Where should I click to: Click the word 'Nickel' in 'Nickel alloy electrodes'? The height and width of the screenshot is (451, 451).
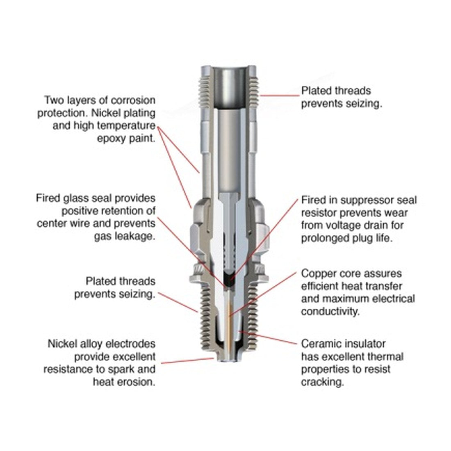(61, 344)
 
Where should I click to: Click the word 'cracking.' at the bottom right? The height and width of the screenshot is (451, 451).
(322, 382)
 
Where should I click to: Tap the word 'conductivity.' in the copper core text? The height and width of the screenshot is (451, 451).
(330, 312)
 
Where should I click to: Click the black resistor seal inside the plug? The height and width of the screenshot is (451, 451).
(229, 279)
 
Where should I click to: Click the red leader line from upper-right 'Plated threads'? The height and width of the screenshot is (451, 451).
(280, 95)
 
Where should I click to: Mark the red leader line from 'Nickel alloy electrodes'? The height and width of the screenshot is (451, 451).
(187, 361)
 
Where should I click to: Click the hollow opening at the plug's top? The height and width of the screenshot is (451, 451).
(229, 86)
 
